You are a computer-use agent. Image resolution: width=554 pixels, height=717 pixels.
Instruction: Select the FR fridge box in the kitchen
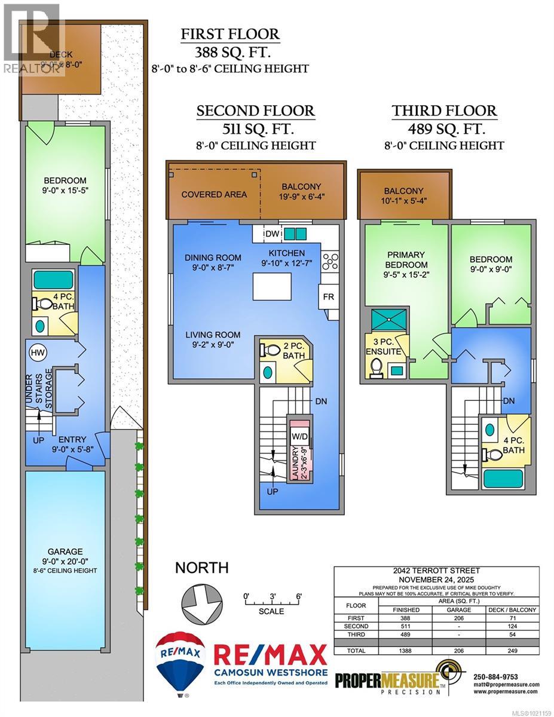(329, 296)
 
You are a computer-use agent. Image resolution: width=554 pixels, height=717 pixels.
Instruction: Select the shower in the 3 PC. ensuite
(388, 320)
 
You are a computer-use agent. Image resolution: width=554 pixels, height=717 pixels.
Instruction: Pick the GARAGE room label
(66, 551)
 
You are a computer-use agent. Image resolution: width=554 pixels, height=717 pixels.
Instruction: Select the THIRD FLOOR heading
(444, 111)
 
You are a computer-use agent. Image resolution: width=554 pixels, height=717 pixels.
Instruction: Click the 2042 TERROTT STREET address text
(436, 571)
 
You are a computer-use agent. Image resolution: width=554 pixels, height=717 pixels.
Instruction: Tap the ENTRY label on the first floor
(72, 440)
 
